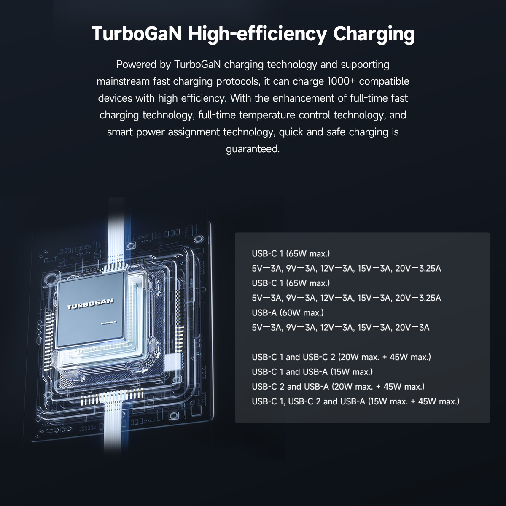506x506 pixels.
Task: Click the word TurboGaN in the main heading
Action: pyautogui.click(x=137, y=34)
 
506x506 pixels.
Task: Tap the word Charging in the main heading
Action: pyautogui.click(x=374, y=35)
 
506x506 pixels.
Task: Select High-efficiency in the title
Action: pyautogui.click(x=258, y=35)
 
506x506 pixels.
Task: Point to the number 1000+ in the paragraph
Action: pyautogui.click(x=341, y=81)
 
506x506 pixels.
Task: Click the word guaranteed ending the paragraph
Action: pyautogui.click(x=253, y=149)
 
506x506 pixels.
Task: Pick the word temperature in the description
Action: pyautogui.click(x=267, y=116)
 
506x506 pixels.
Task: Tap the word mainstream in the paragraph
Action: pyautogui.click(x=123, y=81)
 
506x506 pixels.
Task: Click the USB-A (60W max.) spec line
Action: pyautogui.click(x=288, y=313)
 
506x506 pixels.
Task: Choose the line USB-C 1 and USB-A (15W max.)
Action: pyautogui.click(x=312, y=372)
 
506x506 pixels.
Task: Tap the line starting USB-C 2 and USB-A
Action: pyautogui.click(x=338, y=387)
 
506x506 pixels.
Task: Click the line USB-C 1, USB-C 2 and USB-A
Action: pyautogui.click(x=355, y=401)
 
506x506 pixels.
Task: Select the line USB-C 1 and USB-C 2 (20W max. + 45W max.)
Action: pyautogui.click(x=342, y=357)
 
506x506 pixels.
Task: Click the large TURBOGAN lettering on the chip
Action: pyautogui.click(x=90, y=304)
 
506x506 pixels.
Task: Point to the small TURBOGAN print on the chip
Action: pyautogui.click(x=108, y=323)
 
